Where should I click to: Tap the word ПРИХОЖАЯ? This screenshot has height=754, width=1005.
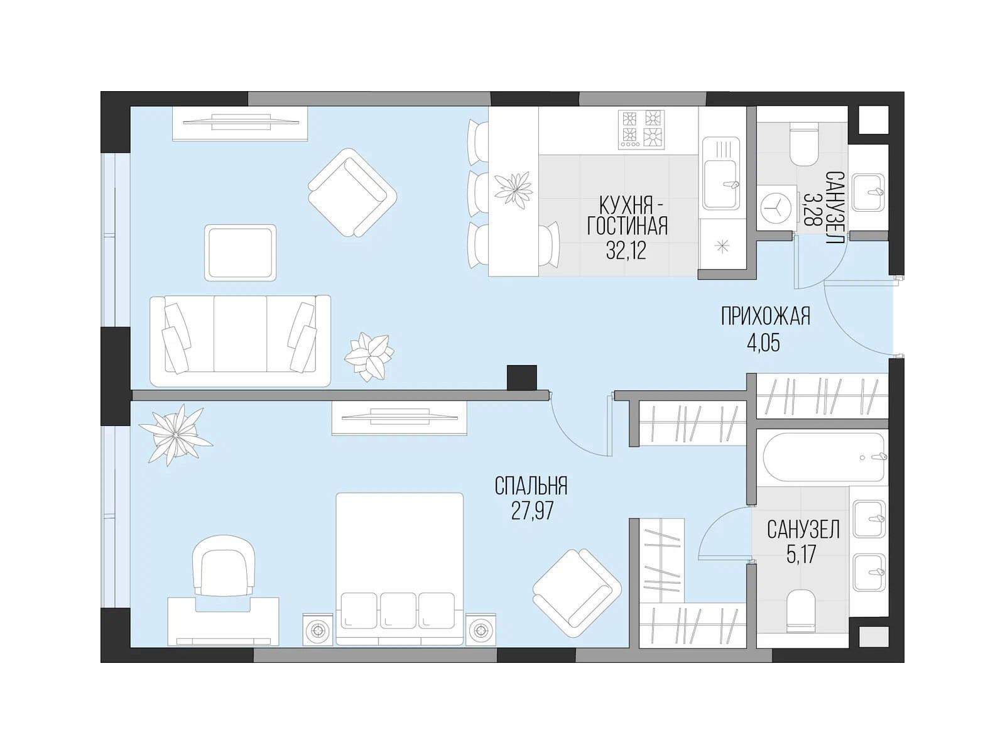tap(766, 316)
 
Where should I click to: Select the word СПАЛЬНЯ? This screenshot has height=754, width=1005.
tap(531, 486)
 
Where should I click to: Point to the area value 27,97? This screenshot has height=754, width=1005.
tap(533, 511)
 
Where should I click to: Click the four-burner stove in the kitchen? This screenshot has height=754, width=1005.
tap(641, 129)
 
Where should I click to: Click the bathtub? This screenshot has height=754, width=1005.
tap(822, 457)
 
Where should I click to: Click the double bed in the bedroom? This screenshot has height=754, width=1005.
tap(399, 569)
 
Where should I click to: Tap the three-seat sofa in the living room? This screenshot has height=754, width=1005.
tap(241, 341)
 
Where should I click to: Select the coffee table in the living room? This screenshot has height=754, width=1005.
tap(241, 252)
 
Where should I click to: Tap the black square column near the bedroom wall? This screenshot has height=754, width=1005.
tap(522, 378)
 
